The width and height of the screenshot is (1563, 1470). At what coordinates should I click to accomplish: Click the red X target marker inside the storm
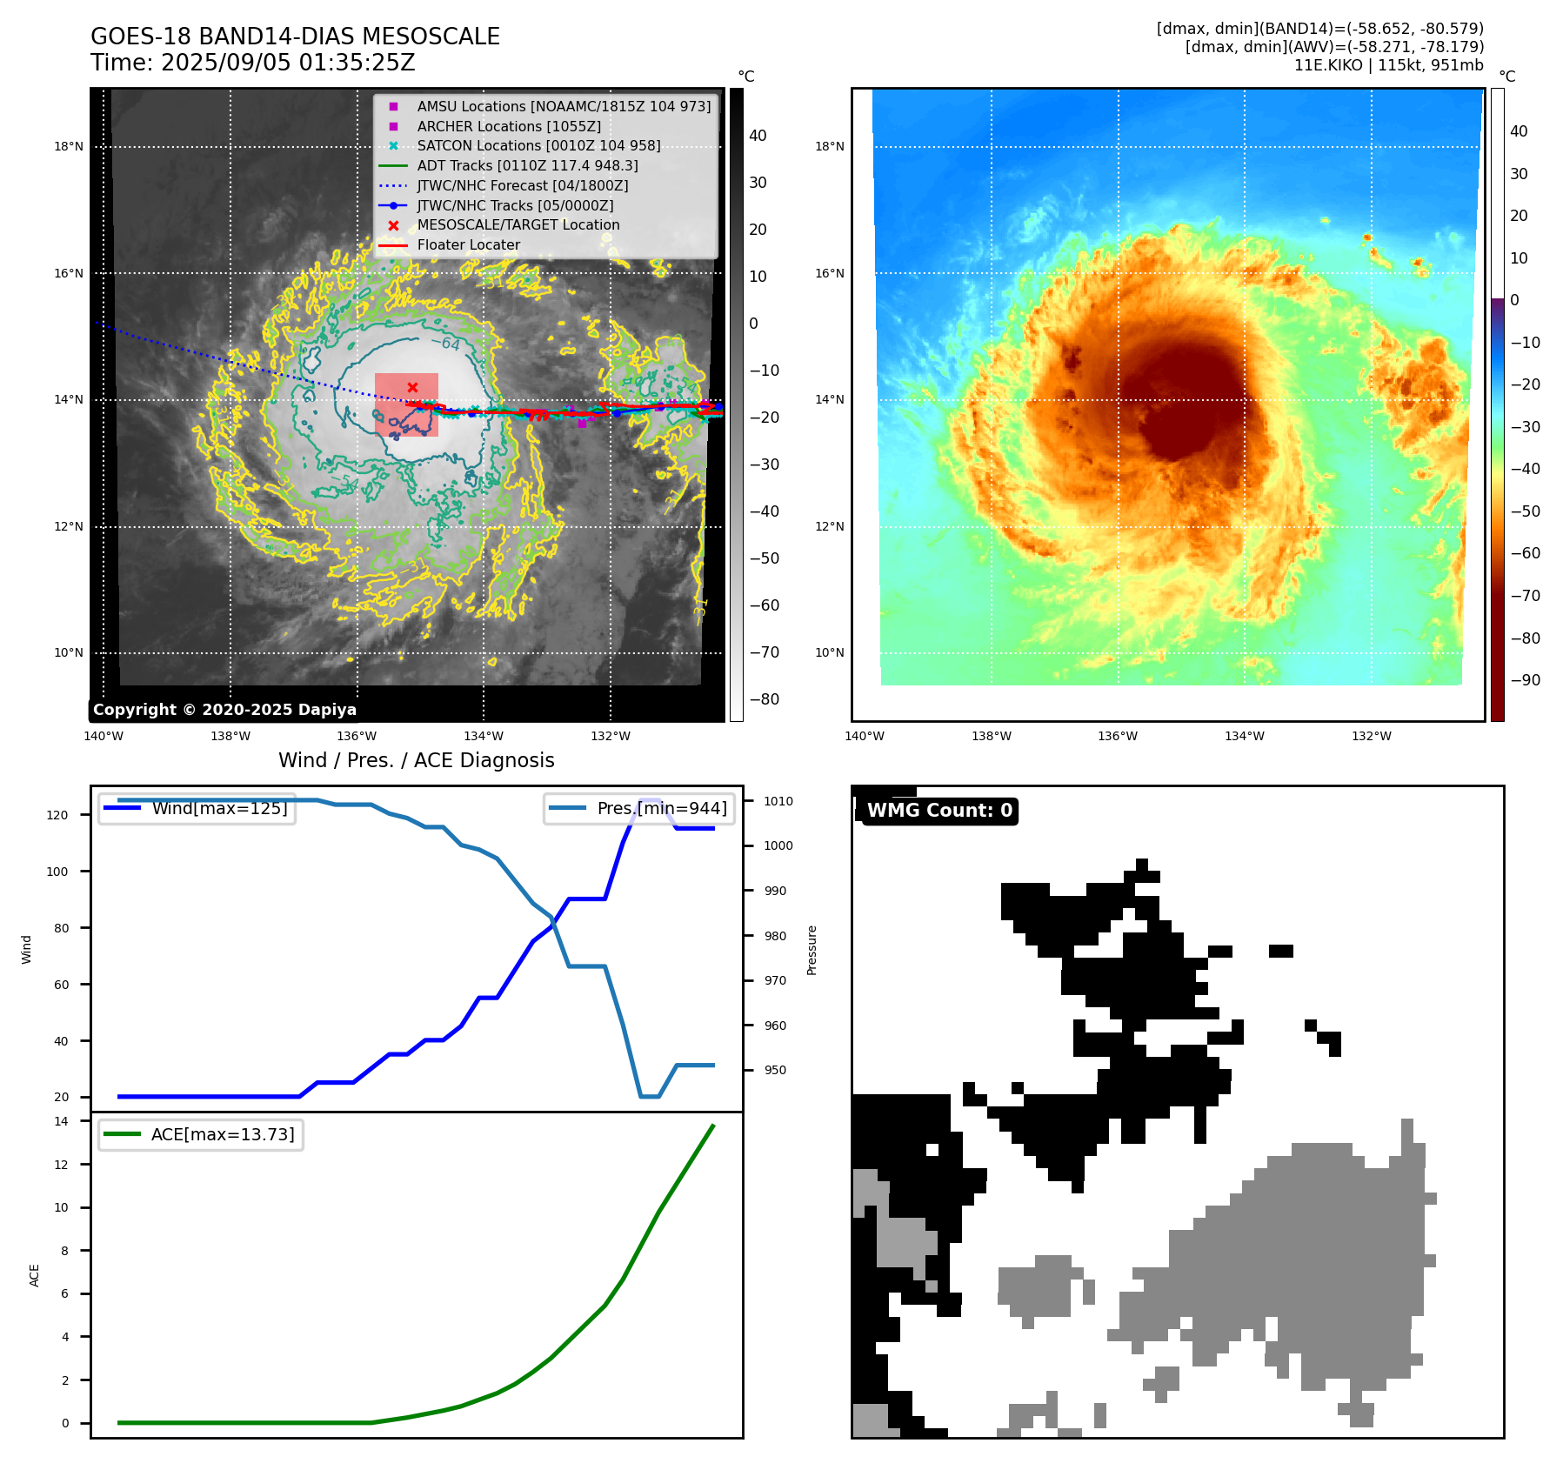[412, 387]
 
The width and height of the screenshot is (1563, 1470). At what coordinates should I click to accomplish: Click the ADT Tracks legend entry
[527, 165]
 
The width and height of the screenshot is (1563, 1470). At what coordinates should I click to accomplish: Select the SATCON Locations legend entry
[538, 145]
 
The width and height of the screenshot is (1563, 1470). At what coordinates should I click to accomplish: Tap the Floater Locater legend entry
[468, 244]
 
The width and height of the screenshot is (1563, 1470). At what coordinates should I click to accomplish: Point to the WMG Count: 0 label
[939, 811]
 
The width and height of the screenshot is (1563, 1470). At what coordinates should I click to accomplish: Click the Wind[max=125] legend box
[197, 808]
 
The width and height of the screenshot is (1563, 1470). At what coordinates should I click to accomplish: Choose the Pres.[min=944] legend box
[640, 808]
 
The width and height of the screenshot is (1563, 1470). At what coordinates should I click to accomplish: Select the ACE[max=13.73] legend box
[201, 1134]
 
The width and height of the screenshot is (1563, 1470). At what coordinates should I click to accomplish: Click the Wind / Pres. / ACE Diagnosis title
[416, 760]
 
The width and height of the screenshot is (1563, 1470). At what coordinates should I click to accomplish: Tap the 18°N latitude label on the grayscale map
[69, 146]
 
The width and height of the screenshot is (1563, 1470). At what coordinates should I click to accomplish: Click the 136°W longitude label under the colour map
[1118, 736]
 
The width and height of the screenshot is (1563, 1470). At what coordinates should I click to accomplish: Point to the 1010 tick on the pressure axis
[778, 801]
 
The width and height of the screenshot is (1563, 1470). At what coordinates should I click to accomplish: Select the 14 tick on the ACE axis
[61, 1121]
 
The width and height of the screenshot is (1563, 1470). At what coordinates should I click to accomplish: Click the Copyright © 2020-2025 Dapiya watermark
[224, 710]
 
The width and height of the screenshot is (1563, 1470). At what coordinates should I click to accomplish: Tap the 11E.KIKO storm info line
[1388, 65]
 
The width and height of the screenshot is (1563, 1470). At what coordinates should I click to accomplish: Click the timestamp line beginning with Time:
[252, 63]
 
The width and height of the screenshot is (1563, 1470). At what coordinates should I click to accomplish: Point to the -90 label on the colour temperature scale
[1526, 680]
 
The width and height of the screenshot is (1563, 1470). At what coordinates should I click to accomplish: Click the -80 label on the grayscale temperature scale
[765, 699]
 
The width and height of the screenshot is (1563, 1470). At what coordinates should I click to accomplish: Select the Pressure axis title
[812, 950]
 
